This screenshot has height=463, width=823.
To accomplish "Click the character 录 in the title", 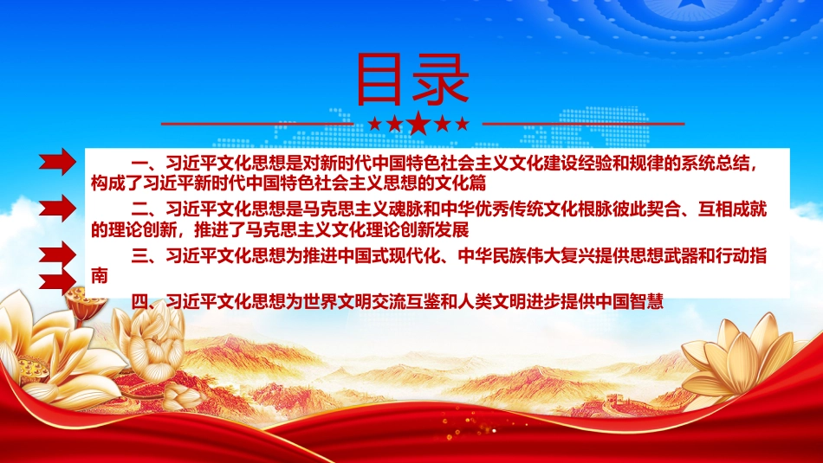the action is pos(440,80).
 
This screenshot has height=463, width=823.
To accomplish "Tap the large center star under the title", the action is pos(418,123).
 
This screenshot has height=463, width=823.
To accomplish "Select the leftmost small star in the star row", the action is pos(375,124).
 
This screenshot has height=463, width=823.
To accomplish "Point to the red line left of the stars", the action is pos(257,125).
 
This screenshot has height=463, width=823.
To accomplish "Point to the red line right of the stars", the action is pos(583,125).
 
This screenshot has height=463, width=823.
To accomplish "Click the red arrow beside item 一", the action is pos(58,162).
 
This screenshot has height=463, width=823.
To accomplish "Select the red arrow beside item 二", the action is pos(58,208).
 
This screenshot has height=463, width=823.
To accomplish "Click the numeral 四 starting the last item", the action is pos(139,301).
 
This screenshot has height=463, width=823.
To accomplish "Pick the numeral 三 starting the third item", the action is pos(139,256).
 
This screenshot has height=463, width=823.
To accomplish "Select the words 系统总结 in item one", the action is pos(716,164).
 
